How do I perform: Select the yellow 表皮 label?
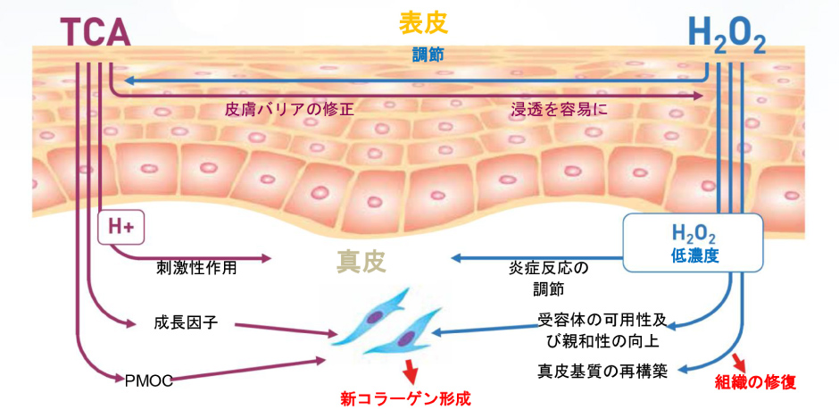(426, 21)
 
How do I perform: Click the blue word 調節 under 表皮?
(427, 54)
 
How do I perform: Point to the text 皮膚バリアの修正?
(289, 110)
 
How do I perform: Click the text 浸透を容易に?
(560, 110)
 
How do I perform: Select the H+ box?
(120, 228)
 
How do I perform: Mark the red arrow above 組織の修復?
(740, 360)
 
